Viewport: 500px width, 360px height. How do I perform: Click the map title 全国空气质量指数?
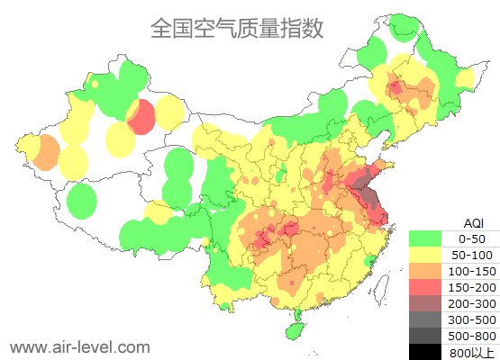[236, 29]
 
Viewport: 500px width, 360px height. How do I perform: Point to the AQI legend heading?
[473, 222]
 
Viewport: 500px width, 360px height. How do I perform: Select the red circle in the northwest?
[141, 117]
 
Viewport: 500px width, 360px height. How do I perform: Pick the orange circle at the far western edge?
[43, 154]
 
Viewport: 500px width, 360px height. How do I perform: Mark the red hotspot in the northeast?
[395, 87]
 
